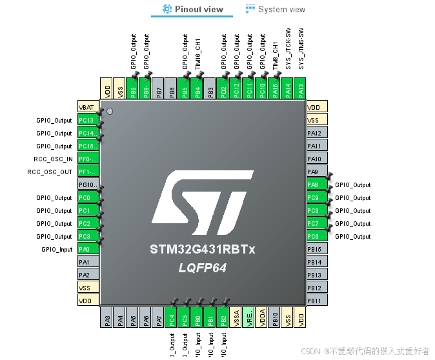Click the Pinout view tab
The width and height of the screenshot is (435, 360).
click(192, 9)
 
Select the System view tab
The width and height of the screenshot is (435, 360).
click(276, 9)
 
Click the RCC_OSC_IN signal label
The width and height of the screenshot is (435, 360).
click(53, 159)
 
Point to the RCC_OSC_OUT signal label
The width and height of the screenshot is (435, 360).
click(50, 172)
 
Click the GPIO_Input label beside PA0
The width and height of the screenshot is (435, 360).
click(57, 250)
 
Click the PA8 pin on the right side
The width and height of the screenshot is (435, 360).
click(316, 185)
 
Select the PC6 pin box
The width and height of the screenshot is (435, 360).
click(316, 236)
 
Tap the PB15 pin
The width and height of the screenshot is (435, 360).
click(316, 249)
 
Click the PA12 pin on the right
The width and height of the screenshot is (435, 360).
click(316, 133)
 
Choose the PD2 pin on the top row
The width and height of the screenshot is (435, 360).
click(223, 90)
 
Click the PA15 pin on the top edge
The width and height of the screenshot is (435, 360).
click(275, 90)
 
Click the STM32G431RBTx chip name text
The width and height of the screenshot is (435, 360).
click(202, 250)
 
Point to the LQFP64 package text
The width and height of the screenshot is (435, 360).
click(202, 268)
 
